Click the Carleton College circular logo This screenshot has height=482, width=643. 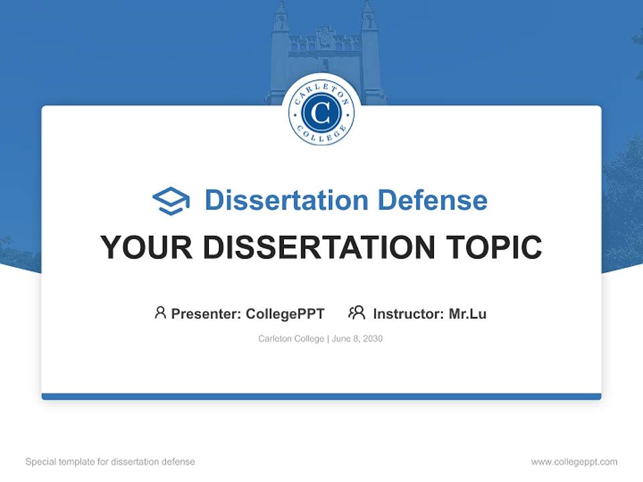(x=321, y=113)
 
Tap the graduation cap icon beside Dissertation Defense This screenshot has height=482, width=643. (x=171, y=201)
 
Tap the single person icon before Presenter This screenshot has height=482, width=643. (x=160, y=313)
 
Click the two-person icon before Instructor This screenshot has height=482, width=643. (x=356, y=313)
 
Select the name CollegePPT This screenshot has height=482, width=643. (x=285, y=313)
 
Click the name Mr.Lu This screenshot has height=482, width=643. (x=468, y=313)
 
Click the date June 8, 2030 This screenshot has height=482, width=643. (x=358, y=339)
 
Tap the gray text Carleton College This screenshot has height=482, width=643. (x=291, y=339)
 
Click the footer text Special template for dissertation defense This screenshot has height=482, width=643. (x=111, y=462)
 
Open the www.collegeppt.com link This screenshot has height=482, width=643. (x=574, y=462)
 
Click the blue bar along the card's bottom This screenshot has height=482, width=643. (x=321, y=396)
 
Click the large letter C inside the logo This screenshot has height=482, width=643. (x=321, y=113)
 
